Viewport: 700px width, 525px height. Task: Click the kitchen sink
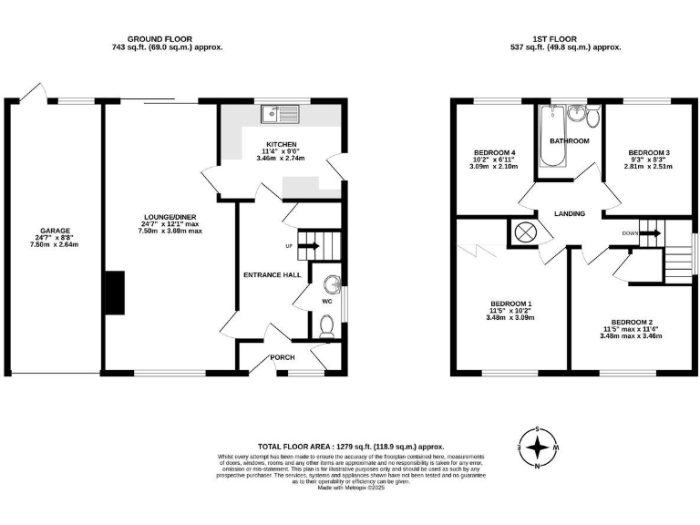(x=280, y=114)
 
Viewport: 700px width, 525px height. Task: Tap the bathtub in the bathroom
(x=551, y=137)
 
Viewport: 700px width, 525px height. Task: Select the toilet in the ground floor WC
(x=328, y=325)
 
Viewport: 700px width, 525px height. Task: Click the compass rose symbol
(x=540, y=448)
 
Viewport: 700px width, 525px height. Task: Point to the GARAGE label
(x=55, y=231)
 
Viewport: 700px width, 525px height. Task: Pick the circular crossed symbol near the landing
(x=527, y=232)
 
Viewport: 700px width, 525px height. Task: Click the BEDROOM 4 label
(x=495, y=152)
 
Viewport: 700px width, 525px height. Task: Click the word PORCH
(x=283, y=356)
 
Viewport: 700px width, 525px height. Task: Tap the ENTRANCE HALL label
(x=272, y=274)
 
